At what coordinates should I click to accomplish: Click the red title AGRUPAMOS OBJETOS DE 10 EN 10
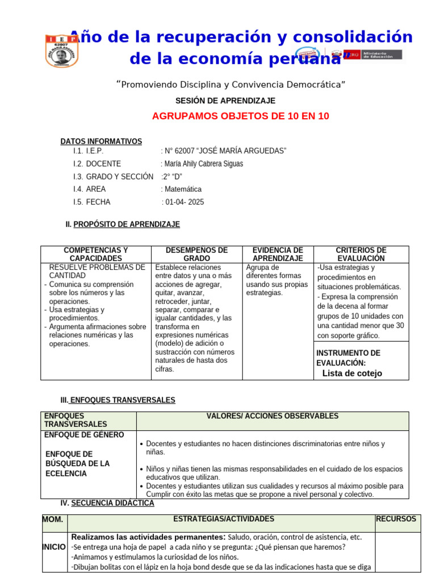pyautogui.click(x=240, y=117)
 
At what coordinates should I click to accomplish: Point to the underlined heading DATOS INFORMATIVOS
pyautogui.click(x=101, y=141)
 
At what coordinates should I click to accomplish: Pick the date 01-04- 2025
pyautogui.click(x=183, y=202)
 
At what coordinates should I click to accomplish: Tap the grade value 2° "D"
pyautogui.click(x=172, y=176)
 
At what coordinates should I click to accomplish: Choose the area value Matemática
pyautogui.click(x=181, y=189)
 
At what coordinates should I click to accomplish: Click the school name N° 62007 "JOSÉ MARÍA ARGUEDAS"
pyautogui.click(x=224, y=151)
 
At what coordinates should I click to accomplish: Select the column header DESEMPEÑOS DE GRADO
pyautogui.click(x=196, y=254)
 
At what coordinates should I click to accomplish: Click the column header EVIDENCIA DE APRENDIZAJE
pyautogui.click(x=278, y=254)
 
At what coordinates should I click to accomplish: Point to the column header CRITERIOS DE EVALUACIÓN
pyautogui.click(x=361, y=254)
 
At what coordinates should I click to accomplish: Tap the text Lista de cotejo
pyautogui.click(x=352, y=373)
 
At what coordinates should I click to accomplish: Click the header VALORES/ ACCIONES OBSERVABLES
pyautogui.click(x=272, y=416)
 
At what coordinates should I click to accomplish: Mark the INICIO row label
pyautogui.click(x=54, y=546)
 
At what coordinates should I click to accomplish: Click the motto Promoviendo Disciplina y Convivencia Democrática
pyautogui.click(x=231, y=85)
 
